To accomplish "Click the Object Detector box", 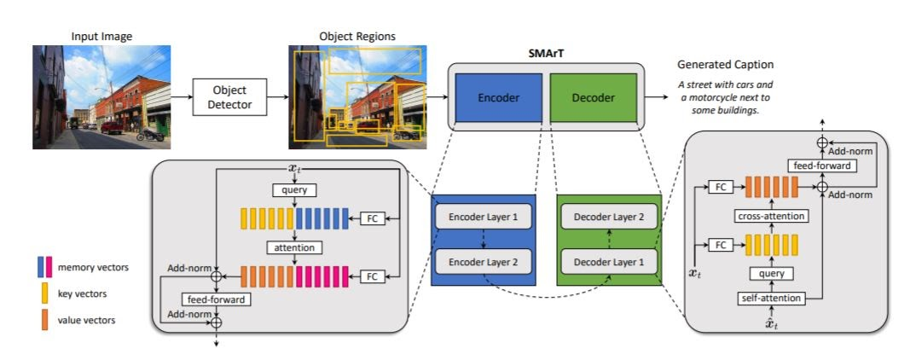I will click(x=228, y=96).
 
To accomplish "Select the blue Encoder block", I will click(x=499, y=96).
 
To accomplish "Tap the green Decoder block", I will click(x=593, y=96).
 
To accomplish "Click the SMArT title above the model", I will click(x=546, y=52).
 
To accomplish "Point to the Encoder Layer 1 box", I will click(x=484, y=217).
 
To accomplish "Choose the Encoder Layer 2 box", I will click(x=484, y=260).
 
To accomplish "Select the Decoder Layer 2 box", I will click(x=608, y=217).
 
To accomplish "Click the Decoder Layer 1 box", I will click(x=608, y=260).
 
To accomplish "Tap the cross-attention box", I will click(x=771, y=217).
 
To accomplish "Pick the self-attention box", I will click(x=771, y=298).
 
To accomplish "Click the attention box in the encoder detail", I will click(x=294, y=248).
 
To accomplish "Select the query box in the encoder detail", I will click(x=294, y=189).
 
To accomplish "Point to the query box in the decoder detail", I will click(x=771, y=274).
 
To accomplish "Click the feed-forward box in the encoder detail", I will click(x=217, y=299).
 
